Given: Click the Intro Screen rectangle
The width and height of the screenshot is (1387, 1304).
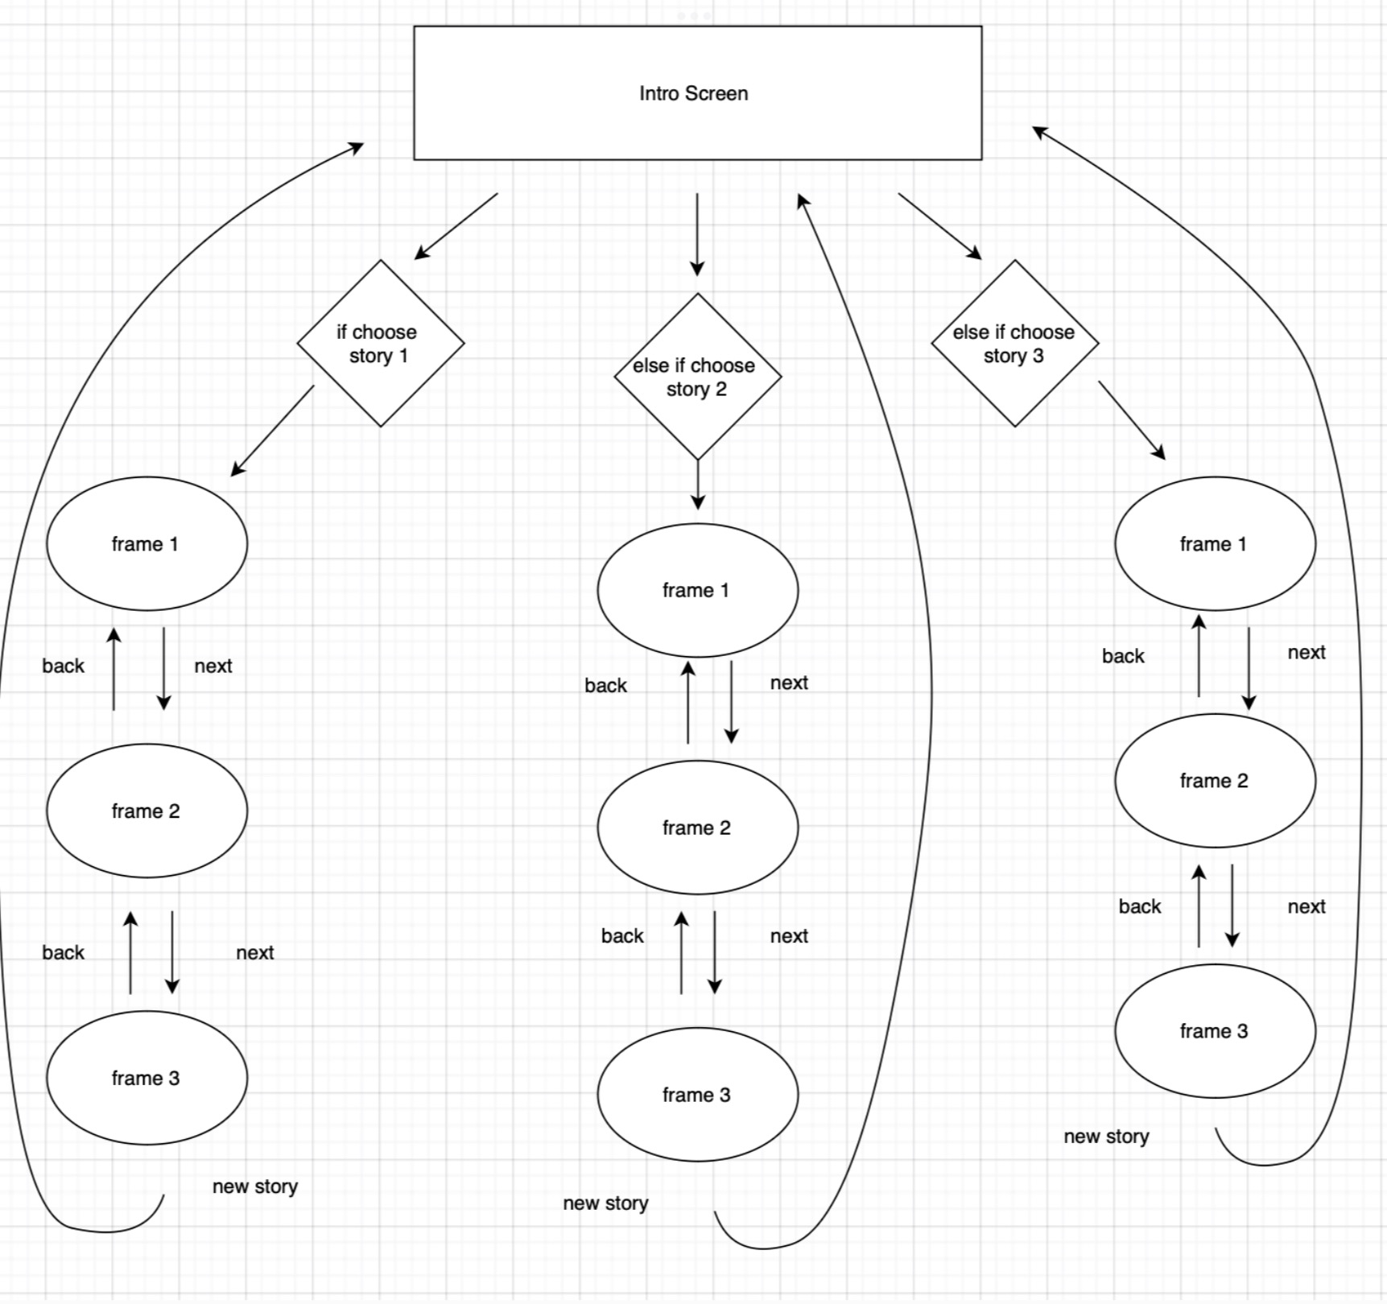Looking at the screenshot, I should [x=697, y=93].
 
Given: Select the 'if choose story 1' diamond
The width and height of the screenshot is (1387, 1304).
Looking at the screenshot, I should [x=380, y=343].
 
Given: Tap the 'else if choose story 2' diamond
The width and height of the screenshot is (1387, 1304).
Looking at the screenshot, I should [x=697, y=376].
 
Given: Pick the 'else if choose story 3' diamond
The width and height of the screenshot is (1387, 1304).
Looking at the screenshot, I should [x=1014, y=343].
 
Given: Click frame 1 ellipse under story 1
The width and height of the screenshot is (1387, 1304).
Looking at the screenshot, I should [x=147, y=543].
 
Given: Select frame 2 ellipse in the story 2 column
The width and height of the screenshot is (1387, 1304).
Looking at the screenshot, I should [x=697, y=827].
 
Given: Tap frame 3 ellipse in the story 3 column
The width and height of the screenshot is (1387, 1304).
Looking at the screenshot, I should [x=1215, y=1030].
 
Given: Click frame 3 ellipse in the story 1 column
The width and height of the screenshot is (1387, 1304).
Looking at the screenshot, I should [x=147, y=1077].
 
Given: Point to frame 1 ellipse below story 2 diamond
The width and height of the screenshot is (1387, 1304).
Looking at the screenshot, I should [x=697, y=590].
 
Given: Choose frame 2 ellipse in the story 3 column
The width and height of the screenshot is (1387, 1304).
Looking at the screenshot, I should [x=1215, y=780].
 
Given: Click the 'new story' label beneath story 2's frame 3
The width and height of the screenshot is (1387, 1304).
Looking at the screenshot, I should [x=605, y=1203].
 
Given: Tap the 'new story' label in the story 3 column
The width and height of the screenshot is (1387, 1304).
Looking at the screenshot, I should [x=1106, y=1136].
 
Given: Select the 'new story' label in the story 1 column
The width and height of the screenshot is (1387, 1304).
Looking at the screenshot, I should [x=254, y=1186].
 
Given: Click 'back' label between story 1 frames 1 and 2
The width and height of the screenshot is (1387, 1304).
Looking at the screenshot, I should [x=63, y=666].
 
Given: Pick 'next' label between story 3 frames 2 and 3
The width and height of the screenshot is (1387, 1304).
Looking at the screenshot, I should [x=1306, y=906].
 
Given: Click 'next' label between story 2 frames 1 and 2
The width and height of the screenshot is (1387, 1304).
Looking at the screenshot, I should [x=788, y=683].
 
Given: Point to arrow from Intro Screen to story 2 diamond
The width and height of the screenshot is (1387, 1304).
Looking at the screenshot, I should [x=697, y=233].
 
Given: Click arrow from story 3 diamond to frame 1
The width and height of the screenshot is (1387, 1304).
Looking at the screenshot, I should [x=1131, y=419].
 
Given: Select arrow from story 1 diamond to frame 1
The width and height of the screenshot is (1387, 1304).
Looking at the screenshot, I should [x=273, y=431].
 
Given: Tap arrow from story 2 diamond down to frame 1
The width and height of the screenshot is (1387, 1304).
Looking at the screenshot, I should [x=698, y=484].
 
